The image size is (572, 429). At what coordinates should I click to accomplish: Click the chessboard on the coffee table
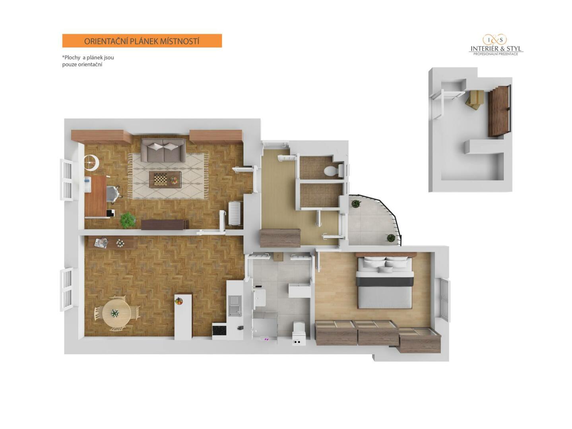159,179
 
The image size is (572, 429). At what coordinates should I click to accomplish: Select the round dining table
116,313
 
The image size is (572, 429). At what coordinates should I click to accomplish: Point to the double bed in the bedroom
385,282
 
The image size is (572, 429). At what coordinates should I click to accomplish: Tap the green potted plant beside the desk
128,220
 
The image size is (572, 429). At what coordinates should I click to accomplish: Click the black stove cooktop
219,331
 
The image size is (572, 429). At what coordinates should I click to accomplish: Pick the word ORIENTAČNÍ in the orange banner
106,41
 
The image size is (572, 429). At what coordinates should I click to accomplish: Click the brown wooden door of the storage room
498,111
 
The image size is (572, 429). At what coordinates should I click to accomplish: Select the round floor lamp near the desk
91,162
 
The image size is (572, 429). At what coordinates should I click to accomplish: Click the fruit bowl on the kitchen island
179,301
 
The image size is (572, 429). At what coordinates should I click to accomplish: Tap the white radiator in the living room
235,213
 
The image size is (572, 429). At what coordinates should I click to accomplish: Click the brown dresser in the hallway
280,238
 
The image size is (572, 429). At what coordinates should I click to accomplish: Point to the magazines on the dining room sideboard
101,243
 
